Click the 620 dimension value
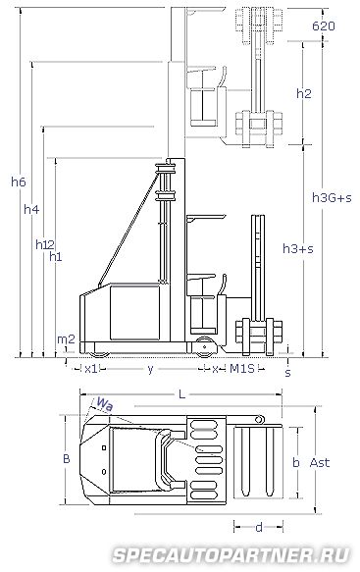point(323,26)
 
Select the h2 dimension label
point(304,94)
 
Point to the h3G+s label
point(332,198)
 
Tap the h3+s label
point(298,249)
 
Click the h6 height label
point(19,182)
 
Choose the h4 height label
point(31,209)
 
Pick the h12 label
point(45,244)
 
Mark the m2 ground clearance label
point(66,339)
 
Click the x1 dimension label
point(91,369)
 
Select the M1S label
point(242,369)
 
